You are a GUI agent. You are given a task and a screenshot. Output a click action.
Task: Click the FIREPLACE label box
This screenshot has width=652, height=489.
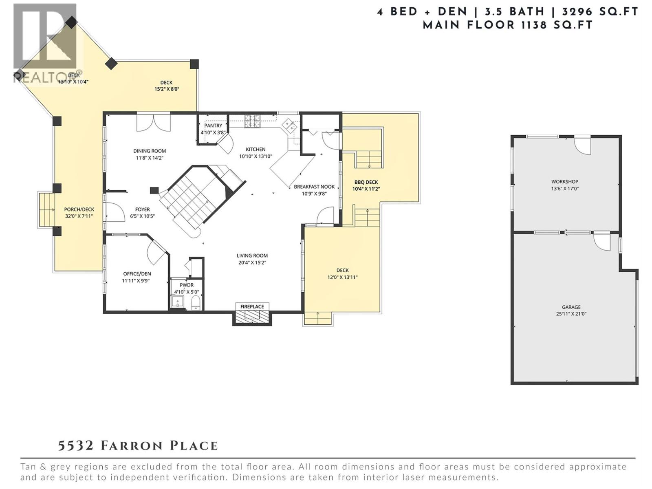click(252, 306)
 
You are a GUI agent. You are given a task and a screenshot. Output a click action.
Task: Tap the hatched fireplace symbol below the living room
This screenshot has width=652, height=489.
click(252, 317)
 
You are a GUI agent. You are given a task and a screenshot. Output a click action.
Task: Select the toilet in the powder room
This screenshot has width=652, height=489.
click(196, 302)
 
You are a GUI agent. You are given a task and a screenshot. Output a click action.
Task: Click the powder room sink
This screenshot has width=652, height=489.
click(178, 302)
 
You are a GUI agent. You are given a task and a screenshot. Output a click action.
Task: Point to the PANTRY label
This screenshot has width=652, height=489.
click(214, 126)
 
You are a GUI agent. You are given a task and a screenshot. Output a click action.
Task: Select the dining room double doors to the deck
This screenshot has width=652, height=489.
click(153, 123)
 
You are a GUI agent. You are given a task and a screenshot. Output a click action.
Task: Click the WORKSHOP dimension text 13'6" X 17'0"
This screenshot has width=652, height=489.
click(565, 189)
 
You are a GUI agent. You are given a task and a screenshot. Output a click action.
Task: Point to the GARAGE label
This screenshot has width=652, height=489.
click(571, 307)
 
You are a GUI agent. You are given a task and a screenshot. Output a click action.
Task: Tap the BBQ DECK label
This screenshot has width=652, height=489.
click(366, 182)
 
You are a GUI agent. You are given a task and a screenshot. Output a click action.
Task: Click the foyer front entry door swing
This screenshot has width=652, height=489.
click(115, 212)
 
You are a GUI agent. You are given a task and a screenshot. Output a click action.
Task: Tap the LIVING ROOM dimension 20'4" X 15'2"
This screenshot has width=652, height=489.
click(252, 263)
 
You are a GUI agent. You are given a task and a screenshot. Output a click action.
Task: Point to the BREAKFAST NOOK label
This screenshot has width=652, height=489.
click(314, 187)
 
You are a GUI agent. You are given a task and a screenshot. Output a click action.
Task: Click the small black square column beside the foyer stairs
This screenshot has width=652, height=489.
click(154, 190)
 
